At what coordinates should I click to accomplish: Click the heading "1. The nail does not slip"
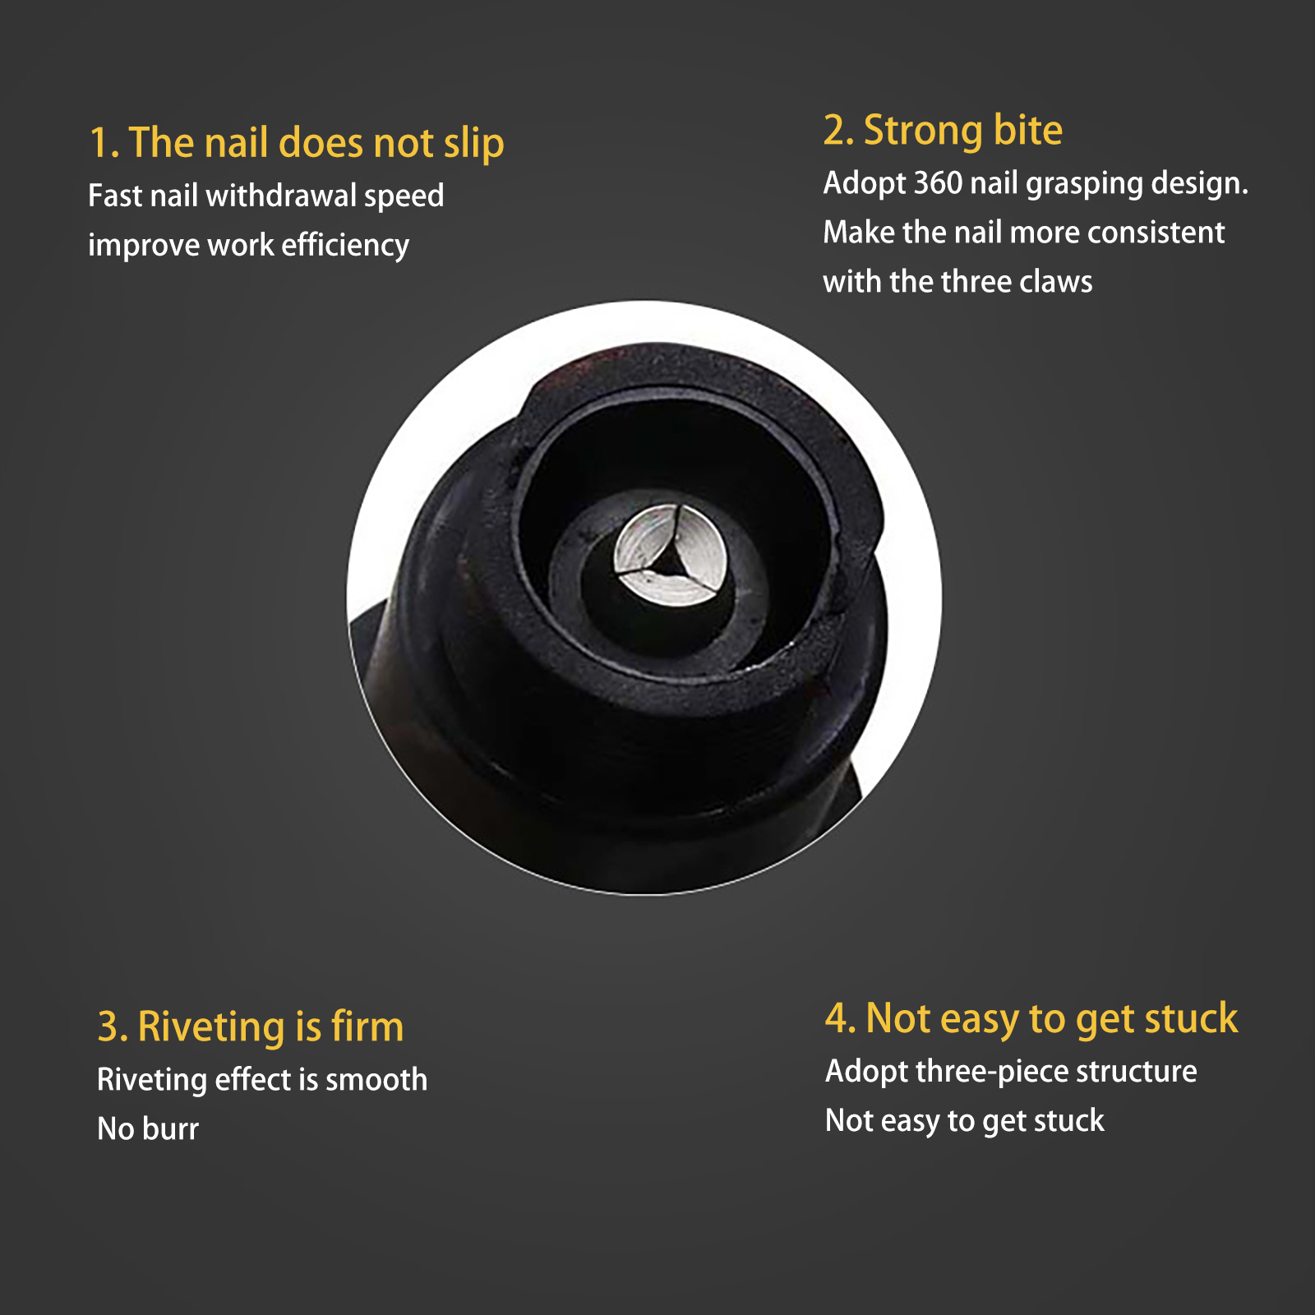297,143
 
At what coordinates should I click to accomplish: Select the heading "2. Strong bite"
943,131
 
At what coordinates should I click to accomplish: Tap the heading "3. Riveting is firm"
251,1027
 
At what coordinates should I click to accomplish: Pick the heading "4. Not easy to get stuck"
1031,1019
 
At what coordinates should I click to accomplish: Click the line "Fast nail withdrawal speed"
266,196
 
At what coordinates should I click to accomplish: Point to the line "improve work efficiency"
249,246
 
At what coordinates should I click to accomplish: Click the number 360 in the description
938,182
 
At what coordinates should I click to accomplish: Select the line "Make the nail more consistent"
1024,233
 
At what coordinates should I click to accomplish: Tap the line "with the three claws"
958,282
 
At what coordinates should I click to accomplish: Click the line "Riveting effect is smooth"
262,1080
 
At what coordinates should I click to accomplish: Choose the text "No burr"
148,1129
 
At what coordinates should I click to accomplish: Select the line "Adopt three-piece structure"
1011,1072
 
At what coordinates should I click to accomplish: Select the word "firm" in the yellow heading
367,1026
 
